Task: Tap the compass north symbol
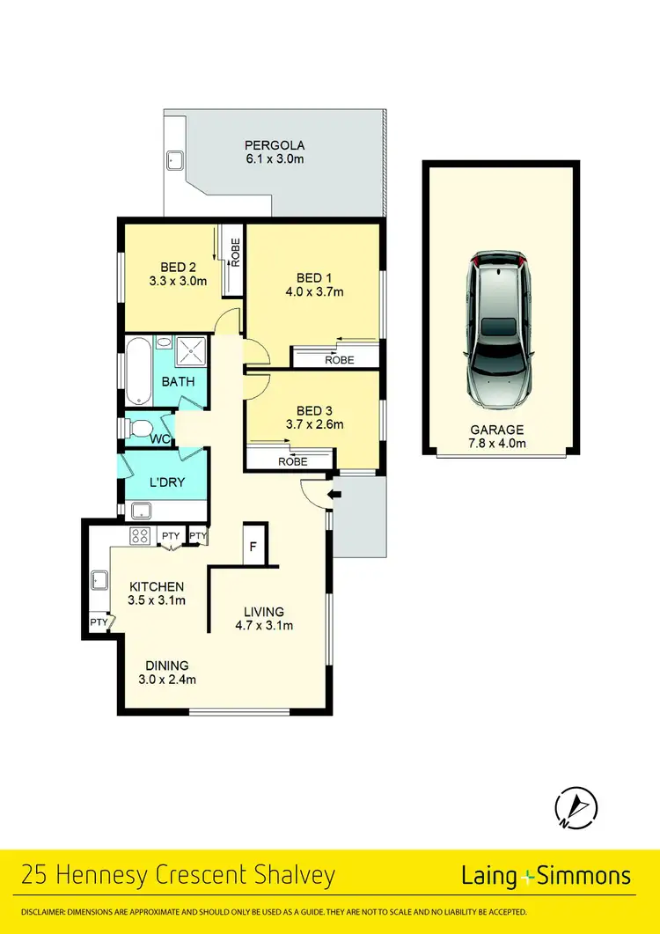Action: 576,805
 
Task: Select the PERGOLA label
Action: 275,145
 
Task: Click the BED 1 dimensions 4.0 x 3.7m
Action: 314,292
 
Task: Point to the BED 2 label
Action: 177,267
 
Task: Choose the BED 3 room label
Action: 314,410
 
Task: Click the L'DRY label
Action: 165,484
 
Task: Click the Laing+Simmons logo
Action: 546,875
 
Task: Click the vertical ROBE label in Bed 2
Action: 234,253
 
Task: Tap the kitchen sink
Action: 99,580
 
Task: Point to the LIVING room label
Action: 264,612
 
